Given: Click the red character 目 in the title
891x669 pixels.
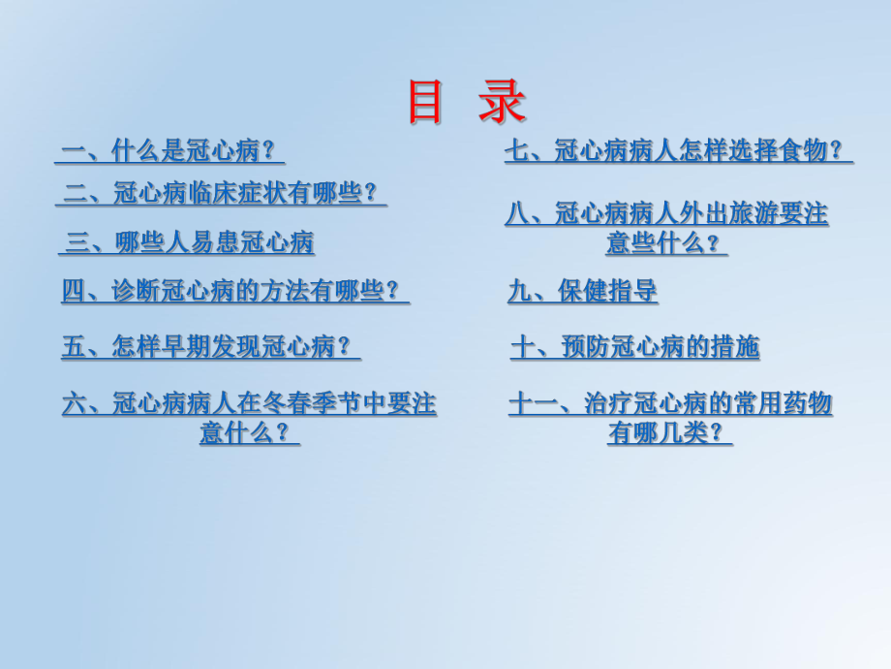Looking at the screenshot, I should coord(424,102).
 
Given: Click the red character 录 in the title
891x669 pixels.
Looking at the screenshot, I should coord(501,102).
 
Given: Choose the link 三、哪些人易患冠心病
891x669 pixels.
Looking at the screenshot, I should coord(189,241).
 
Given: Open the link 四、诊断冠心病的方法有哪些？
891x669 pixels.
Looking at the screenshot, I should coord(235,291).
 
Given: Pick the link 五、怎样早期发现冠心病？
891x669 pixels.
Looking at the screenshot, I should coord(210,346).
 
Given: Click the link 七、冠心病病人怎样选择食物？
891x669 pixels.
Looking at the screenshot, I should coord(678,150).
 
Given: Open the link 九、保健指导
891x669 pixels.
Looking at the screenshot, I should coord(583,291).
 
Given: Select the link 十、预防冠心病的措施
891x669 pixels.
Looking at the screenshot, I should coord(635,346).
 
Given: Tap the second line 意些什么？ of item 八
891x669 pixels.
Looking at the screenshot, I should coord(666,243).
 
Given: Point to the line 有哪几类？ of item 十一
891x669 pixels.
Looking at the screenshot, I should coord(669,432).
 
